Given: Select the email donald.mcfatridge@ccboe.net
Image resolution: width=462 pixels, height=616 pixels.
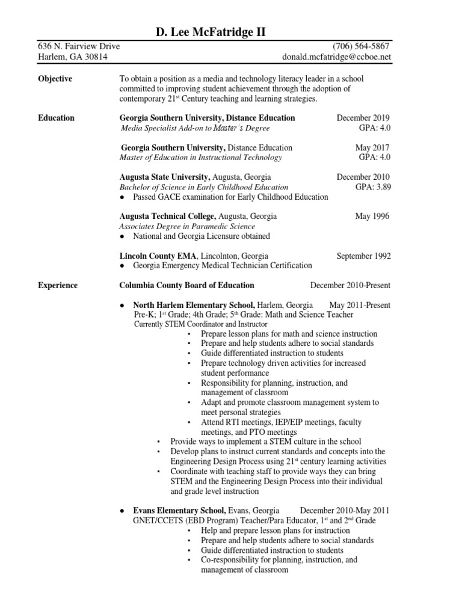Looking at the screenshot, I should click(337, 57).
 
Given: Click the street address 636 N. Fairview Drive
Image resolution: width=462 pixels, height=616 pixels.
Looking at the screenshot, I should click(79, 46).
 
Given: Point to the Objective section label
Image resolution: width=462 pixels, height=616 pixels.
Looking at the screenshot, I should click(55, 79).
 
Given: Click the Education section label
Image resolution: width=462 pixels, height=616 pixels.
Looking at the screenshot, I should click(56, 118).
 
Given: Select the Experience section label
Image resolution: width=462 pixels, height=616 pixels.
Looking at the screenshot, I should click(57, 285).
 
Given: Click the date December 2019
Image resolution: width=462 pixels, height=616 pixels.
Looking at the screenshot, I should click(363, 118).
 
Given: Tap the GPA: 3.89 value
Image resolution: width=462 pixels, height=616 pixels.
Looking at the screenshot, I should click(373, 187).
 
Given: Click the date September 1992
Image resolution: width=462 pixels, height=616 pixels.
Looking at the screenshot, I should click(363, 256).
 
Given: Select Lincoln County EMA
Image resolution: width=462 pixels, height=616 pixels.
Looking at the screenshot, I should click(159, 256).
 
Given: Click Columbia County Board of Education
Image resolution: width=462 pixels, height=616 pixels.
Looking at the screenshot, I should click(186, 285).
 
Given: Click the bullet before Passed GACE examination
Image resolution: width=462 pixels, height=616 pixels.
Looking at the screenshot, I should click(122, 197).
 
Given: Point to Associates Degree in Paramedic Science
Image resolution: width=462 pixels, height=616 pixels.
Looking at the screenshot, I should click(187, 227).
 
